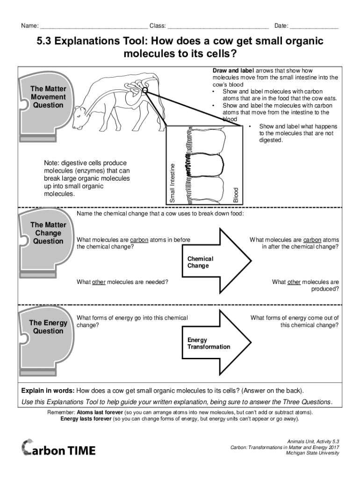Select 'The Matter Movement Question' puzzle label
tap(48, 97)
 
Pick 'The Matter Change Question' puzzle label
tap(48, 233)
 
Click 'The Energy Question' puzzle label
tap(48, 327)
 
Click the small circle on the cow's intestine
tap(145, 90)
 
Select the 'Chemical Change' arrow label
tap(200, 262)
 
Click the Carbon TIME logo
tap(58, 449)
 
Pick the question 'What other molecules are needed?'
tap(122, 282)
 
